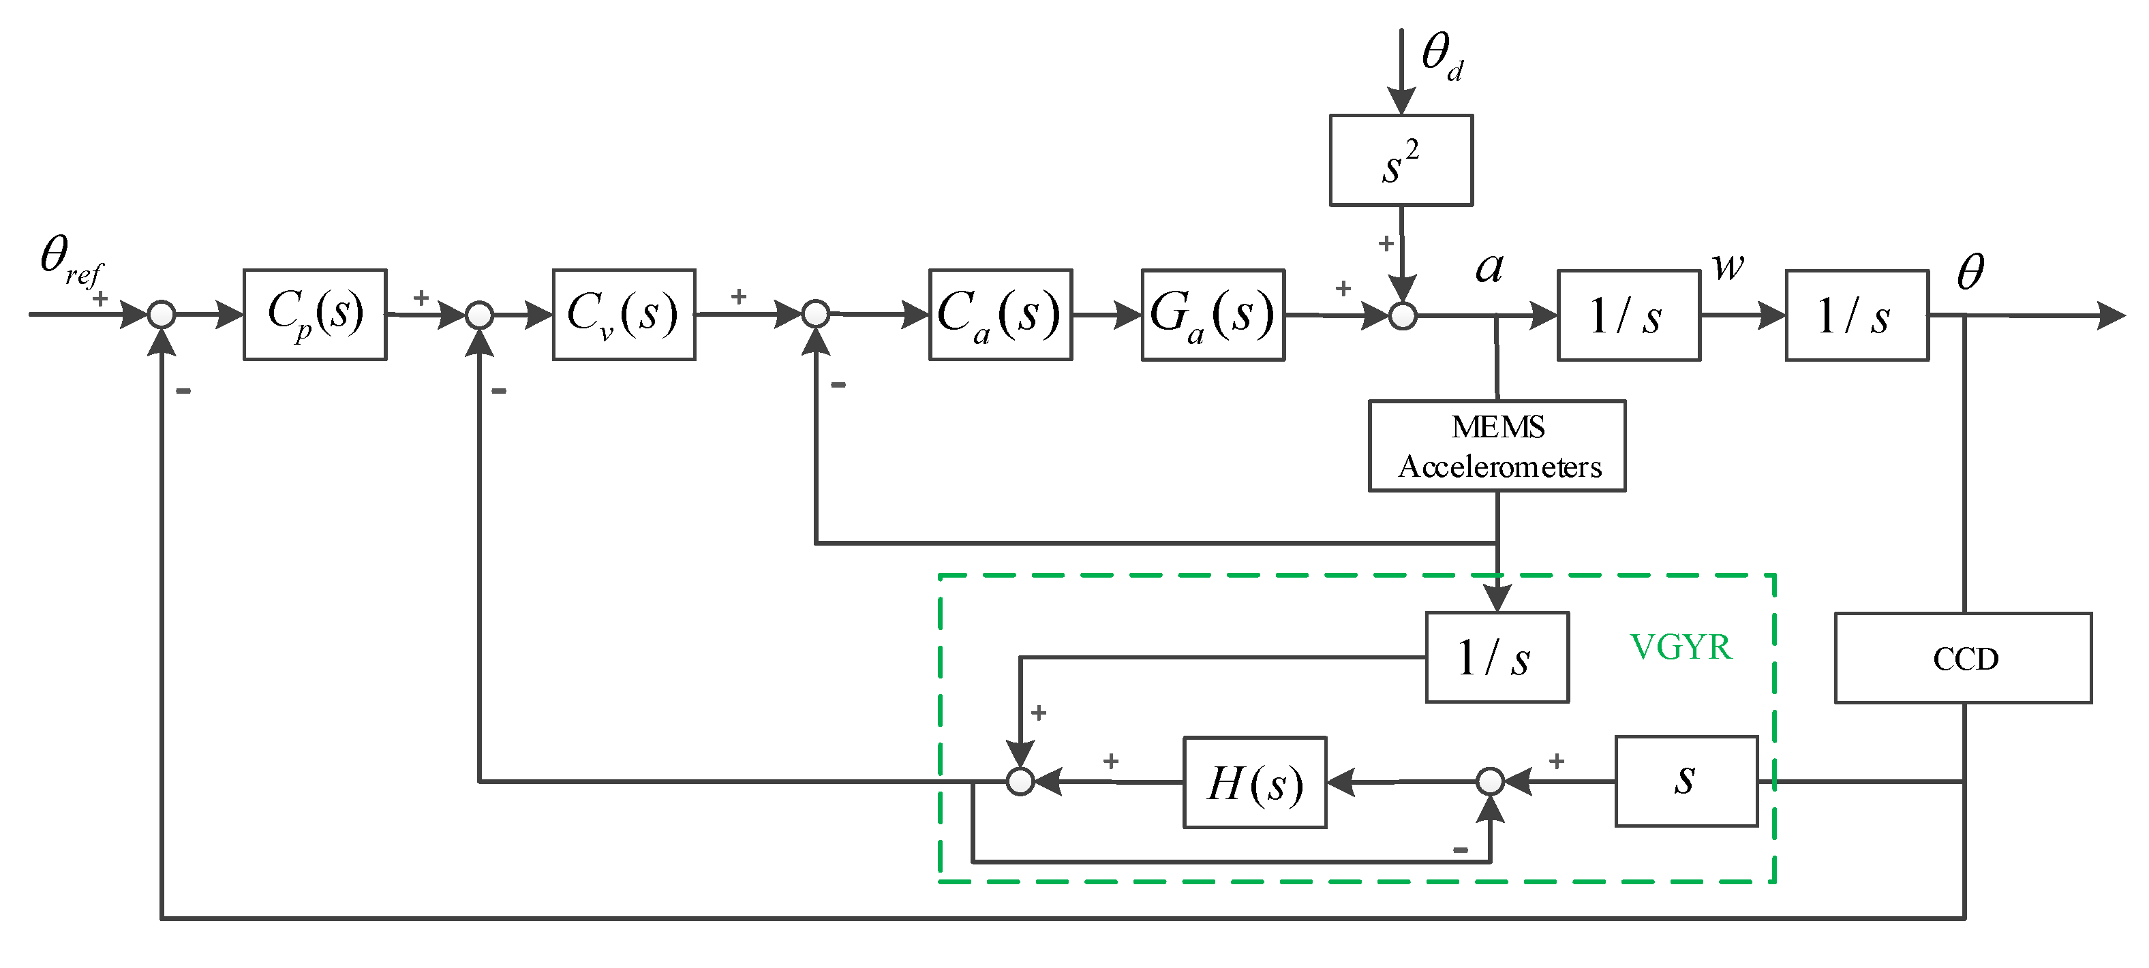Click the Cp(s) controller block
point(314,314)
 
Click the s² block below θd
point(1400,160)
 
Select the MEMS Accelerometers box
point(1497,446)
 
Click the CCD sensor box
point(1962,658)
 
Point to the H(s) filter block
point(1254,782)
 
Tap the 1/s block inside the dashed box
point(1497,658)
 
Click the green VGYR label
point(1680,647)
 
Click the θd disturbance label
point(1442,57)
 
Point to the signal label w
point(1727,267)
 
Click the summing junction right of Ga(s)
point(1403,316)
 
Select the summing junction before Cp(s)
point(161,314)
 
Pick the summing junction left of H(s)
point(1020,781)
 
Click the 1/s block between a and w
point(1628,315)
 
